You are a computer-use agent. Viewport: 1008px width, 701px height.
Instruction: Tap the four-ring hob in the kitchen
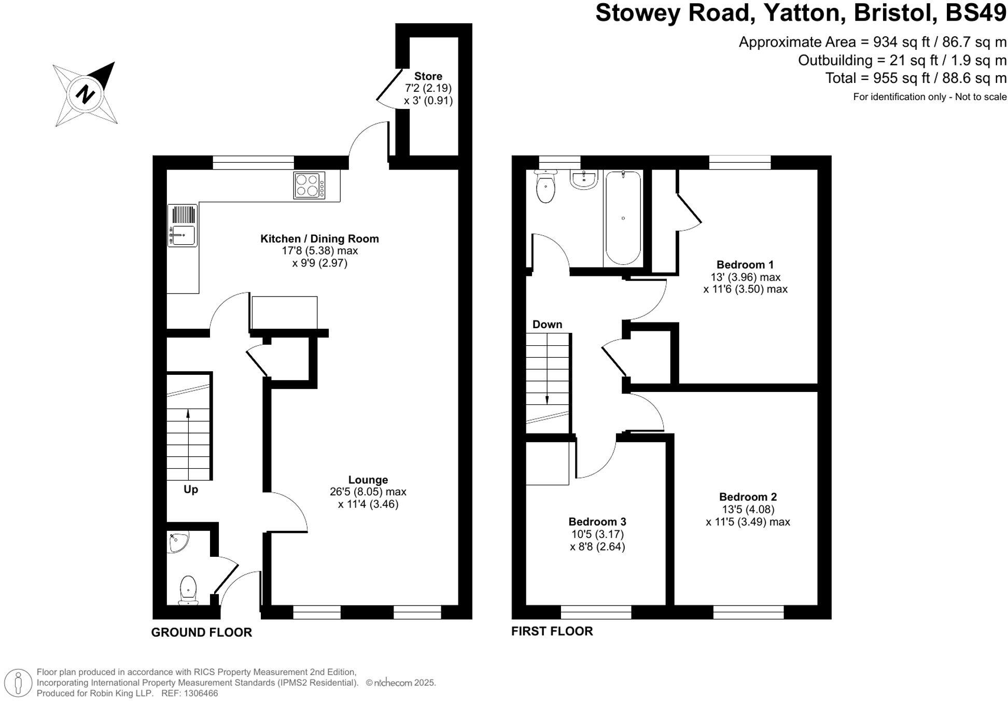pos(309,185)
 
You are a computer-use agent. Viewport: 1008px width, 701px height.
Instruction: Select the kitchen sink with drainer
pos(183,226)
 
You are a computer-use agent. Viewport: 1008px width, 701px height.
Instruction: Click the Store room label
pos(428,76)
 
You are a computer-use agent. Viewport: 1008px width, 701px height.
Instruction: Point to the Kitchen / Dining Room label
pos(319,239)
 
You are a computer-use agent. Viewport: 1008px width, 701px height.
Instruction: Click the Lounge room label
pos(368,480)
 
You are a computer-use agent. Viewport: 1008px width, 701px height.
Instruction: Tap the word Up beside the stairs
pos(191,489)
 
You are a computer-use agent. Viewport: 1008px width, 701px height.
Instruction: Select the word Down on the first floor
pos(547,325)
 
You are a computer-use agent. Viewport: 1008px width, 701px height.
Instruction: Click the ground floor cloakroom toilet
pos(188,591)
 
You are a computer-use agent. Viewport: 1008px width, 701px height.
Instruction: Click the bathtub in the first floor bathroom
pos(623,218)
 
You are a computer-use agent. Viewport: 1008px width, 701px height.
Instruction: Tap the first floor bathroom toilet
pos(545,187)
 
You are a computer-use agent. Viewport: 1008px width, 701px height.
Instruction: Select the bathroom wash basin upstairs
pos(584,179)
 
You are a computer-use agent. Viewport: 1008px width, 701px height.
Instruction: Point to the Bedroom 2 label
pos(748,497)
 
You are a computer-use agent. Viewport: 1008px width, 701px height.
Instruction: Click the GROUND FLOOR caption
pos(202,633)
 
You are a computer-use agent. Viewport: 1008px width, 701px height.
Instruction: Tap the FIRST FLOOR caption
pos(552,632)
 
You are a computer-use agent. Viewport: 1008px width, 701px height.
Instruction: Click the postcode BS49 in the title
pos(976,13)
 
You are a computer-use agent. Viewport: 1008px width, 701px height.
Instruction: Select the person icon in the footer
pos(19,682)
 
